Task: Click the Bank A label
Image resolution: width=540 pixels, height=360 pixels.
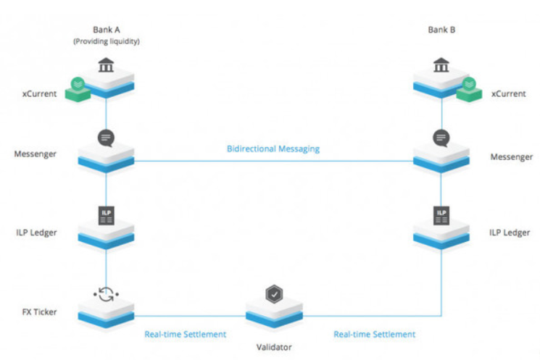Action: [x=107, y=30]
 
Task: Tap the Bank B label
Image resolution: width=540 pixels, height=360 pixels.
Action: [x=441, y=30]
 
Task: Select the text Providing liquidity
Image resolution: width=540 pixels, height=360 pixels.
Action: [x=107, y=41]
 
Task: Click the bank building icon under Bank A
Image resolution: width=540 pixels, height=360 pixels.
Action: [x=106, y=64]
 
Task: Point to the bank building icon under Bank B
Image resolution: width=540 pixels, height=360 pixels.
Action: [x=441, y=64]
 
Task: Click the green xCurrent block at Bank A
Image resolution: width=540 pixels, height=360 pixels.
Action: [x=78, y=90]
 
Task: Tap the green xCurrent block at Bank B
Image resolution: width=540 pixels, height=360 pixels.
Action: [x=469, y=90]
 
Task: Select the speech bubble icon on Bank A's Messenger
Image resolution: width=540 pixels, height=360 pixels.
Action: [x=106, y=138]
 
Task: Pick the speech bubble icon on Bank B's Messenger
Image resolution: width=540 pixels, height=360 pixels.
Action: [x=441, y=138]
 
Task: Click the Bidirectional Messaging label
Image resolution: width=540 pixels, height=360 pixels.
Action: [x=273, y=148]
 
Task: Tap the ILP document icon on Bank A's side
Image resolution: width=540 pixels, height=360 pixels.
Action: [x=106, y=216]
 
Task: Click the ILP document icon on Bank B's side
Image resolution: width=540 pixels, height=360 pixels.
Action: [x=441, y=216]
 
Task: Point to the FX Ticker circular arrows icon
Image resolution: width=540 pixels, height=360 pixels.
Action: [x=106, y=295]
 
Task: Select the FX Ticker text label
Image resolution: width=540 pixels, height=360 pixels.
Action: [x=39, y=311]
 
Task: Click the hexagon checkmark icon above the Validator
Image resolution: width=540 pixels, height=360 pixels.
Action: [x=274, y=294]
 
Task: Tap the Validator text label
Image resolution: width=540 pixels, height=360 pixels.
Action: [x=274, y=347]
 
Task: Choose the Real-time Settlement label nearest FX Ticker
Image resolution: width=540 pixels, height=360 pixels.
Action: [x=186, y=334]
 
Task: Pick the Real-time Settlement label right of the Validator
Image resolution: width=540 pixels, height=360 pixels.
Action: [x=374, y=334]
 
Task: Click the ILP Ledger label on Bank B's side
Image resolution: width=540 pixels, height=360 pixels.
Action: [x=510, y=233]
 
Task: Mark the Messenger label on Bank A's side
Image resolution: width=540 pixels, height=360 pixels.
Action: [x=35, y=154]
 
